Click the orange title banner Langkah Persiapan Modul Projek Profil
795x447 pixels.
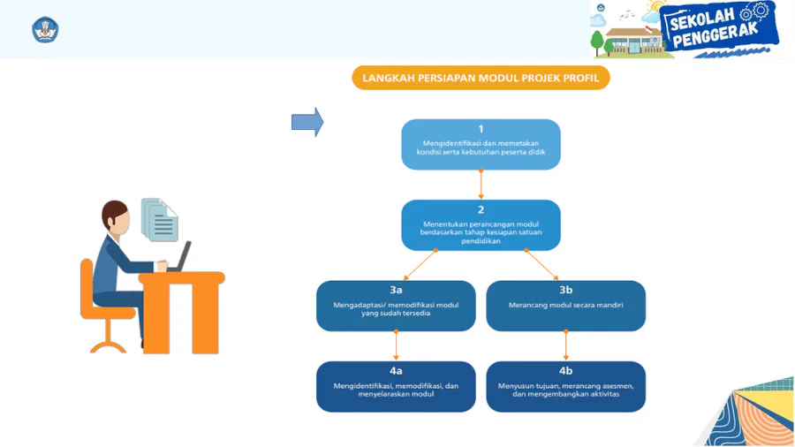click(x=481, y=78)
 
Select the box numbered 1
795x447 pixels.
click(x=481, y=144)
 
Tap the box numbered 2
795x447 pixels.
click(x=481, y=224)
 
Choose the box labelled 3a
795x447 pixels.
click(x=396, y=306)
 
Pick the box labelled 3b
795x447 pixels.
click(x=565, y=306)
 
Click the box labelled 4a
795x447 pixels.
click(x=396, y=386)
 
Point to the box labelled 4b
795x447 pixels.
click(x=565, y=386)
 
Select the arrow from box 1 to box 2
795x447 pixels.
click(x=481, y=185)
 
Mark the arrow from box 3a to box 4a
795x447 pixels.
click(x=396, y=346)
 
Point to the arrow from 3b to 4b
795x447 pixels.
click(x=565, y=346)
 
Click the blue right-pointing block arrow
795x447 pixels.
click(x=307, y=122)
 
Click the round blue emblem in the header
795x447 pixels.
click(x=45, y=30)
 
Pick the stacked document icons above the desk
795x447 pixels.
click(x=160, y=219)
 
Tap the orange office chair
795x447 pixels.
click(x=102, y=305)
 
